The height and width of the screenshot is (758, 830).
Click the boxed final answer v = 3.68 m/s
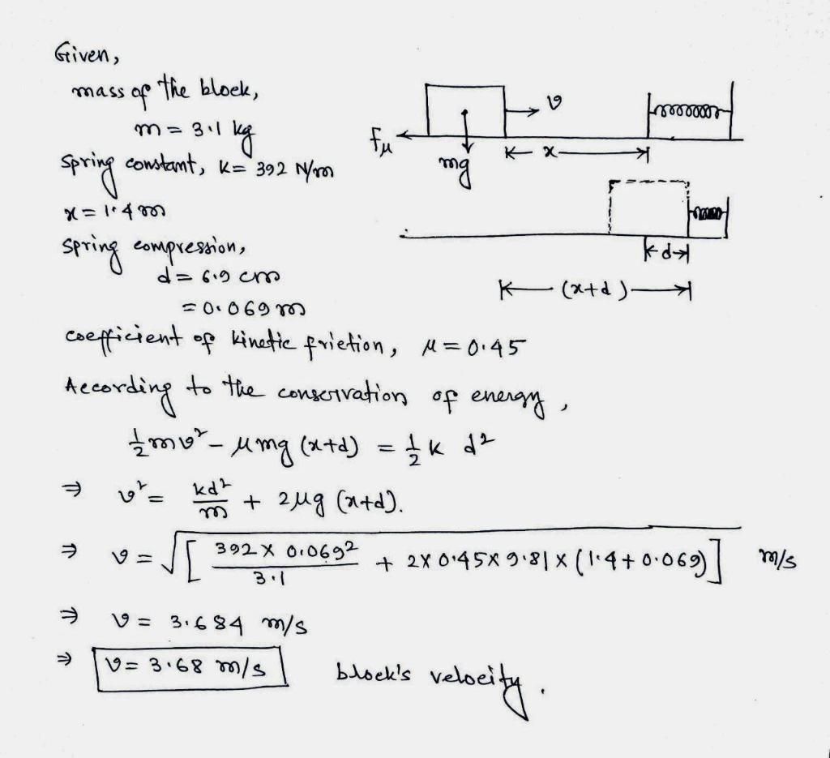point(193,669)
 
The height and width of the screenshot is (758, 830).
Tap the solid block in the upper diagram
point(466,111)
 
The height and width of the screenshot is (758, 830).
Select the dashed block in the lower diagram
point(649,208)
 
